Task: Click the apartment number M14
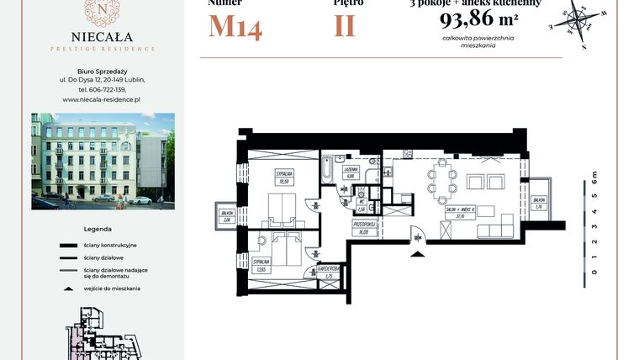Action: (235, 26)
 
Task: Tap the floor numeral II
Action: (345, 26)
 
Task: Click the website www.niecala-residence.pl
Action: (102, 99)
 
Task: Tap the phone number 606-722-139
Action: (102, 89)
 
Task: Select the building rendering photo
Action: (103, 161)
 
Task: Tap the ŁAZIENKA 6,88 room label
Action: (351, 173)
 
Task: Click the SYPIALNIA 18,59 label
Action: (283, 177)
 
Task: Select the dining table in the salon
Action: (442, 183)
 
